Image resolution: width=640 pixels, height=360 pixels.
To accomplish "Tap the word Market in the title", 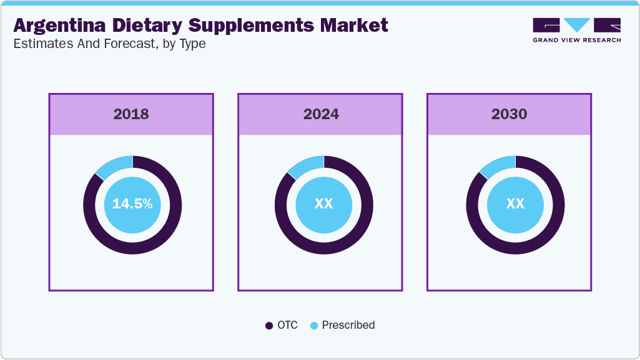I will coord(355,26).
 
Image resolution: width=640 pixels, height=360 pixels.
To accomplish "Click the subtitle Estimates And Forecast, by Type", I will coord(109,44).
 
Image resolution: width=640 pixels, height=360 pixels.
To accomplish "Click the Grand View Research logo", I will coord(576,30).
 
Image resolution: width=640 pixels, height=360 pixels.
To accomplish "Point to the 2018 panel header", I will coord(131,114).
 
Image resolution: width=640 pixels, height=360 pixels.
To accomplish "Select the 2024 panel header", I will coord(321,114).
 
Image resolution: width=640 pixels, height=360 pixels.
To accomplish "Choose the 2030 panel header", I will coord(509,114).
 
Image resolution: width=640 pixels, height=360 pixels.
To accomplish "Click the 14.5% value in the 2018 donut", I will coord(132,204).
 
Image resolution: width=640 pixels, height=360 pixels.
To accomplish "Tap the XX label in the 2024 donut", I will coord(323,204).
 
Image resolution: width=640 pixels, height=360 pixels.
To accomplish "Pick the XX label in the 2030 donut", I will coord(515,204).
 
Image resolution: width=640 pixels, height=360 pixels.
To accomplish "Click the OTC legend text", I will coord(288,325).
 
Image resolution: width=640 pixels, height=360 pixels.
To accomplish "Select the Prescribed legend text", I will coord(348,325).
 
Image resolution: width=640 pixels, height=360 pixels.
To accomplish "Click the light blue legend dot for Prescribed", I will coord(314,326).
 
